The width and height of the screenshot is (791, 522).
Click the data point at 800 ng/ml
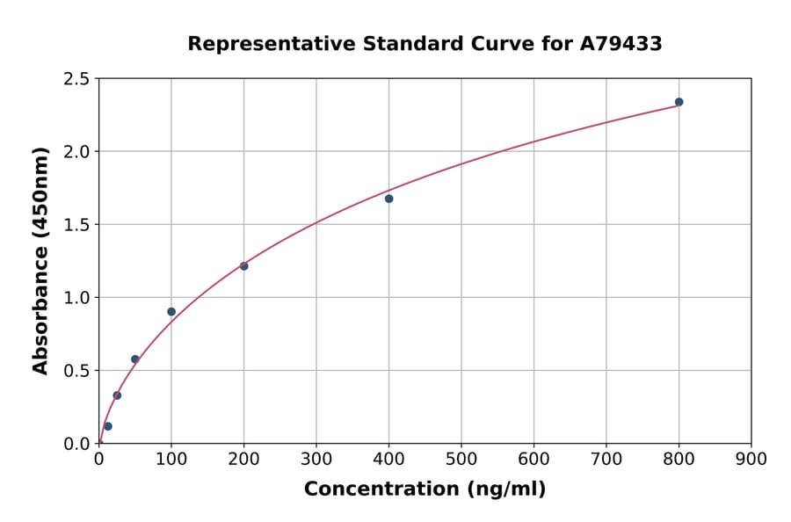click(679, 102)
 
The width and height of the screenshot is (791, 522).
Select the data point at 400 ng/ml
click(388, 199)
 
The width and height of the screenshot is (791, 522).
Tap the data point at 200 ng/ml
click(243, 266)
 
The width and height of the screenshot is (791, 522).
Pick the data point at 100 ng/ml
click(171, 312)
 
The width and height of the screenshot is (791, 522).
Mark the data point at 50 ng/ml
click(134, 359)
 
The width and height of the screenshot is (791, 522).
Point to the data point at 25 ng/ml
click(117, 395)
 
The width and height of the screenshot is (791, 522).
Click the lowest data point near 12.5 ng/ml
click(108, 426)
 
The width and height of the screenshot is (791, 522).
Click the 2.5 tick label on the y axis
click(76, 79)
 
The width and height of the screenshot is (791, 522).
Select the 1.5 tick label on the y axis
click(76, 225)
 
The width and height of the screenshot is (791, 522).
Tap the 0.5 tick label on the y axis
click(76, 371)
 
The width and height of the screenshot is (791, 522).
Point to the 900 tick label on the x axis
click(751, 459)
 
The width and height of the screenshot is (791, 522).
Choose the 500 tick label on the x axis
click(461, 459)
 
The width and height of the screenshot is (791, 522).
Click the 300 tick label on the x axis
click(316, 459)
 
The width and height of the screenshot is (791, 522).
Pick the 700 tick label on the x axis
click(606, 459)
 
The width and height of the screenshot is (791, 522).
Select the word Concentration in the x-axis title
click(380, 489)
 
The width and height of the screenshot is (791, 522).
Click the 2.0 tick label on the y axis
click(76, 152)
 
